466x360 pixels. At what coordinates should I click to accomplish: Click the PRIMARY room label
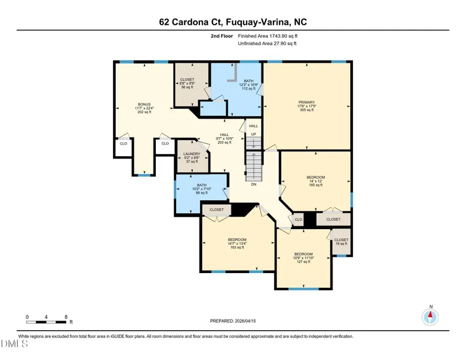[306, 102]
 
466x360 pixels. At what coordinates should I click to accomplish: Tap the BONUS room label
[144, 104]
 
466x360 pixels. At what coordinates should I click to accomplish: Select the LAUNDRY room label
[191, 153]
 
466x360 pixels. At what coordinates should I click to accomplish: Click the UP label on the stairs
[254, 134]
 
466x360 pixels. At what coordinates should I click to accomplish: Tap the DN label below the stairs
[254, 185]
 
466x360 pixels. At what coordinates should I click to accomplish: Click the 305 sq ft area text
[307, 110]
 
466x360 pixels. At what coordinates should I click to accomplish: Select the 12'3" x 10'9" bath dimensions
[249, 85]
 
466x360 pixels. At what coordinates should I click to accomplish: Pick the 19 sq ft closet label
[341, 244]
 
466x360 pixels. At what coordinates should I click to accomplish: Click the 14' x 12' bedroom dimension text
[316, 181]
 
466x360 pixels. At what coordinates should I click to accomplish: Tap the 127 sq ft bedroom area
[303, 262]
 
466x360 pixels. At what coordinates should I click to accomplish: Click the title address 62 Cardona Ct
[191, 22]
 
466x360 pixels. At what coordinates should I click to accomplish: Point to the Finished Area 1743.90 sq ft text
[268, 36]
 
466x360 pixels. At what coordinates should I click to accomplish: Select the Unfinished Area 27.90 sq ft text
[267, 43]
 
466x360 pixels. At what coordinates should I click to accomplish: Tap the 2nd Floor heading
[222, 36]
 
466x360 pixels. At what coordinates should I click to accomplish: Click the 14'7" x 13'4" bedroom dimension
[237, 243]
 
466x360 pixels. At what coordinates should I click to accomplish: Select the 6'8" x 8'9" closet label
[187, 84]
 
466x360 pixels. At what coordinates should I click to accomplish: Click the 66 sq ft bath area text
[202, 192]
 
